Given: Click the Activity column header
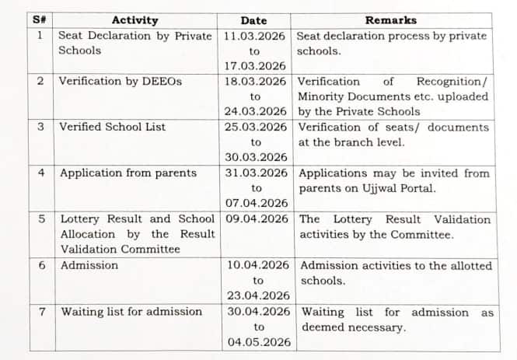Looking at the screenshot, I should (x=134, y=20).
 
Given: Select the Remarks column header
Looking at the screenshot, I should (x=390, y=20).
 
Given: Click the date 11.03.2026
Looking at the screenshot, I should (x=254, y=36).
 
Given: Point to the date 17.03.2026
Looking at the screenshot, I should (x=255, y=66).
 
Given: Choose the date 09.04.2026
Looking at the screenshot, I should (x=257, y=219).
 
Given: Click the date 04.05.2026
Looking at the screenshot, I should (x=259, y=342).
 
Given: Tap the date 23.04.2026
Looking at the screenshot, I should (x=258, y=295).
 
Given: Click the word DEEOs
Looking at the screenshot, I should (x=165, y=81).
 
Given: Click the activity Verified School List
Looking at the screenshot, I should (x=112, y=127).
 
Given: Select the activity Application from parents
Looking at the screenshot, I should (x=128, y=173).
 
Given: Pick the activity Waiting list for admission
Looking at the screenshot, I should (x=131, y=312).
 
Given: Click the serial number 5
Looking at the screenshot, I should (x=41, y=219).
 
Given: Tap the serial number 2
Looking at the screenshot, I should (x=40, y=81).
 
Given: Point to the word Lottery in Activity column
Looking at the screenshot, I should (x=81, y=219).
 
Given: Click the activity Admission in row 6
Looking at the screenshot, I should (x=89, y=265).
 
